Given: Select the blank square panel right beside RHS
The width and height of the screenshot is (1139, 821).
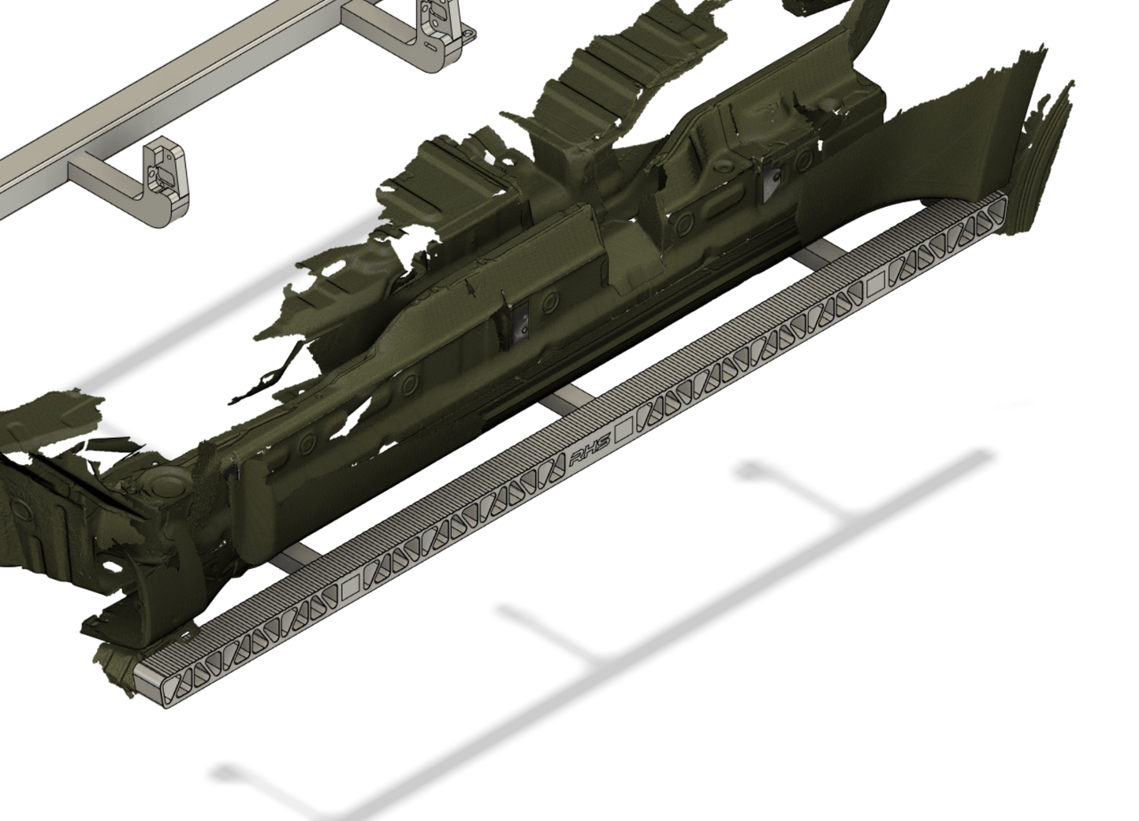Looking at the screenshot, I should (x=623, y=430).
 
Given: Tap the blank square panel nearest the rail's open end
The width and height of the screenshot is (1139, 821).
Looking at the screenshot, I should (x=352, y=583).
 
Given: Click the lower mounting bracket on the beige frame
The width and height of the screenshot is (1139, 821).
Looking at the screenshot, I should (x=166, y=185).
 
